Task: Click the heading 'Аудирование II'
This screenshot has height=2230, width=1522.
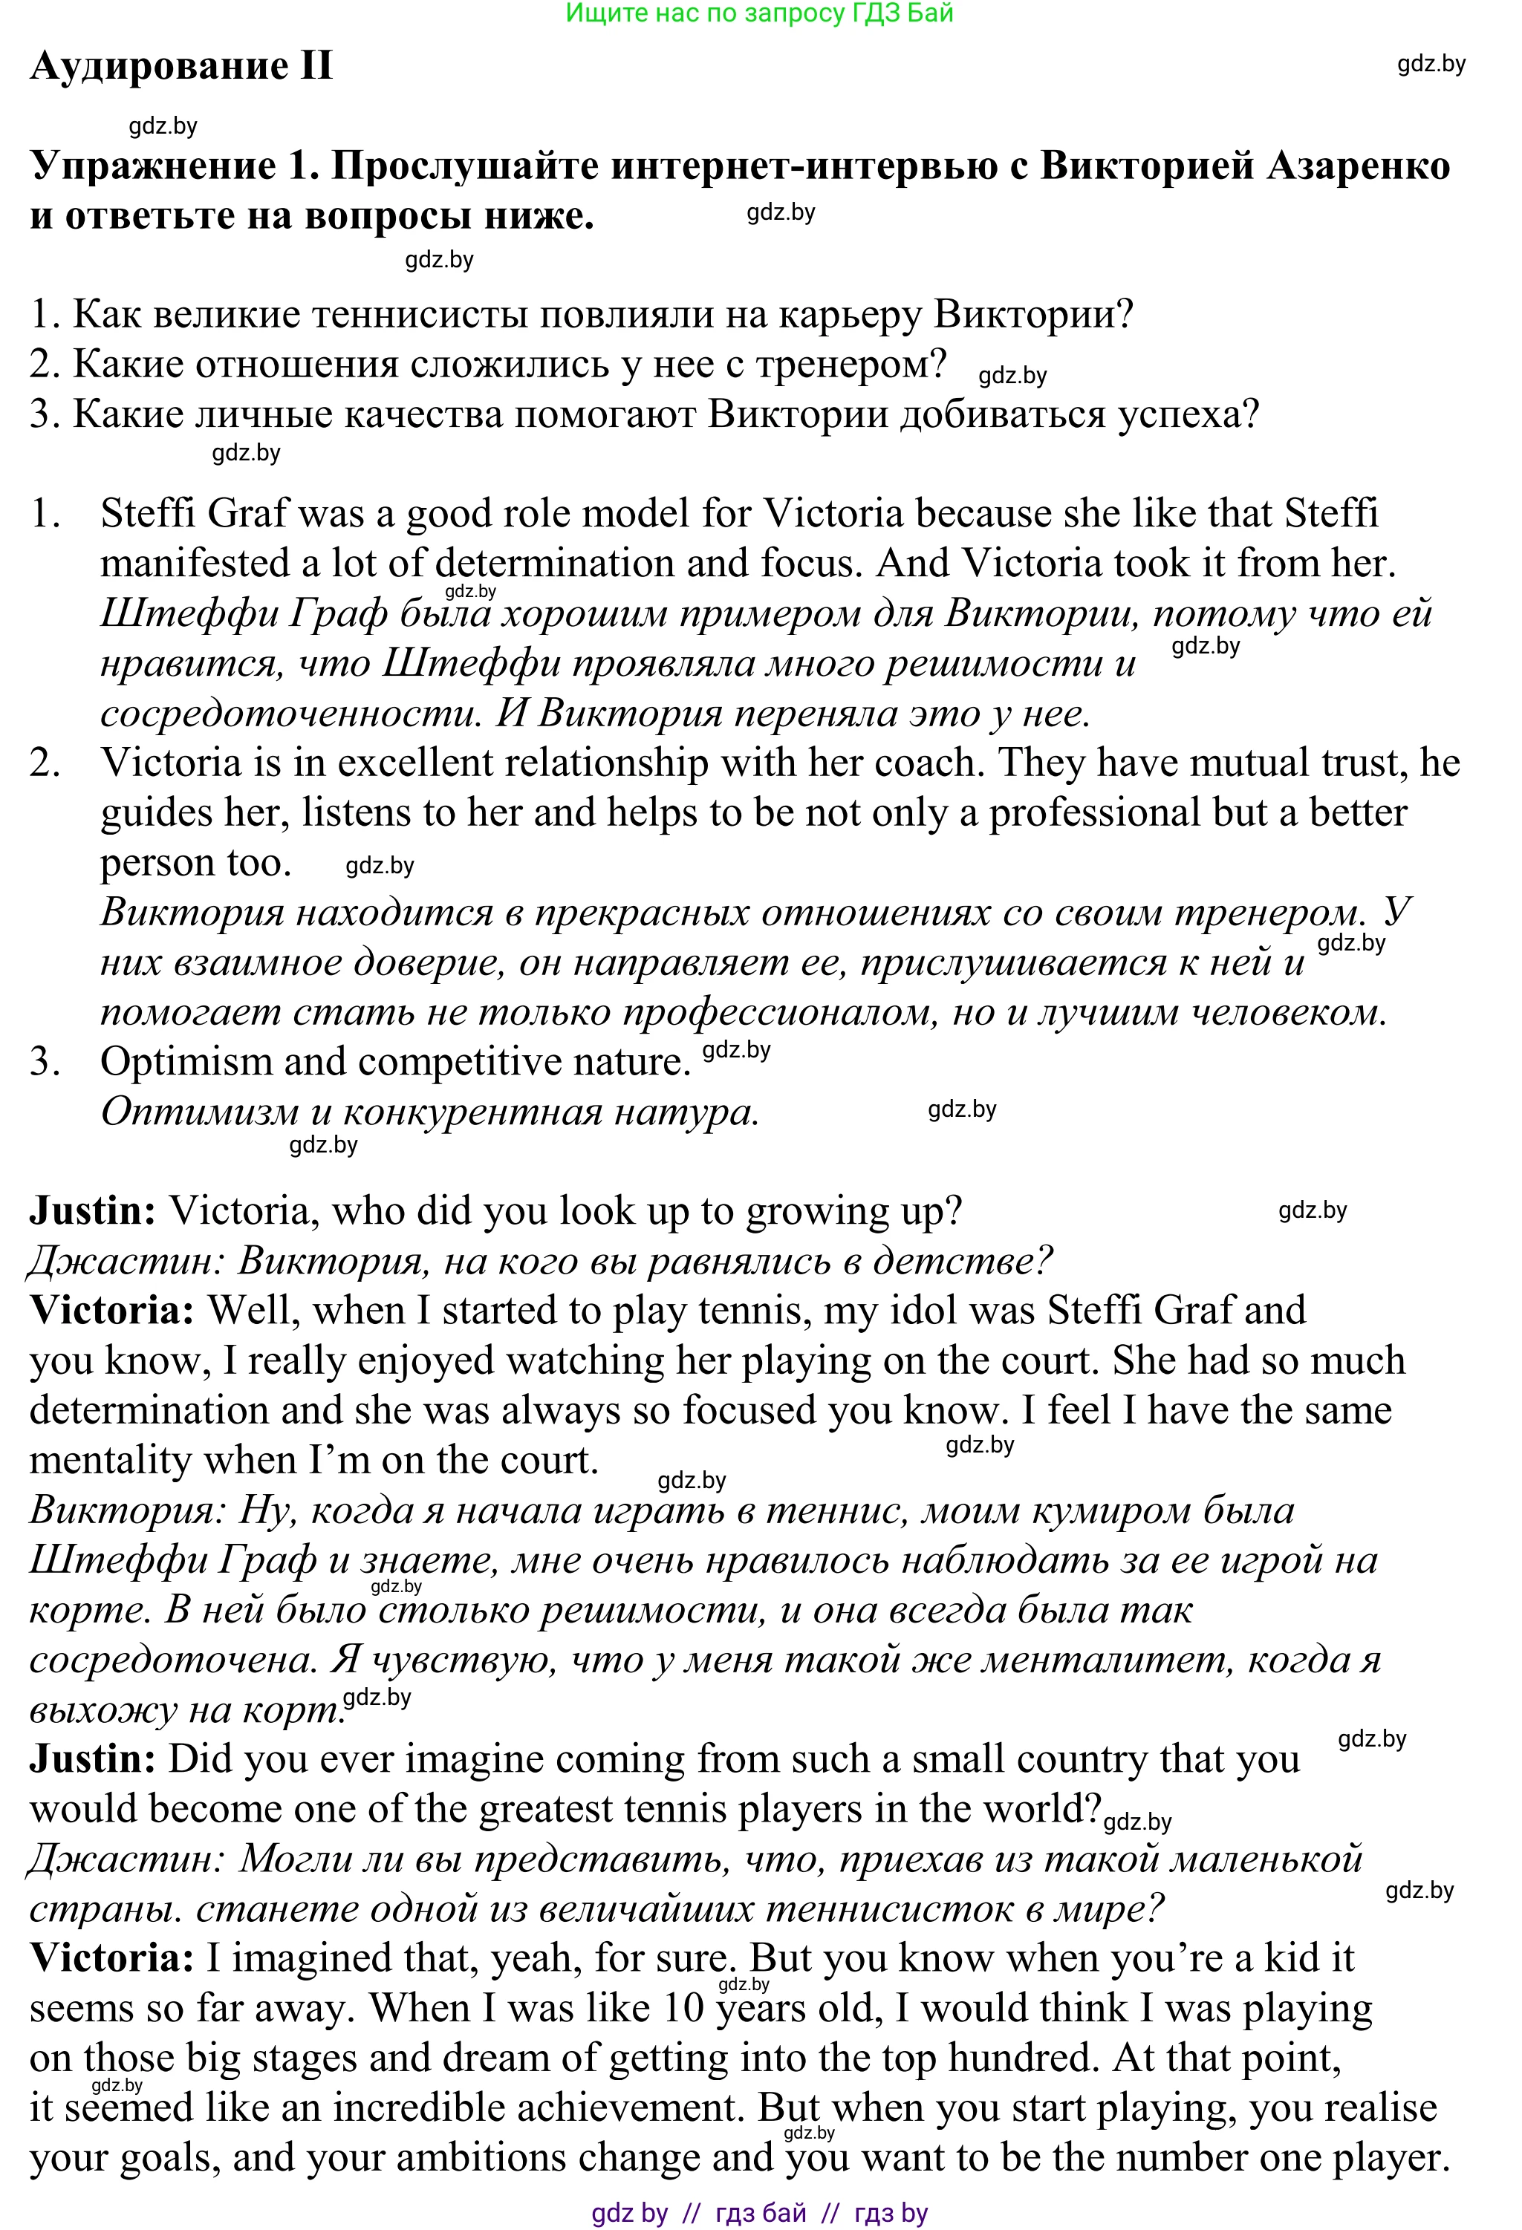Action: [x=181, y=66]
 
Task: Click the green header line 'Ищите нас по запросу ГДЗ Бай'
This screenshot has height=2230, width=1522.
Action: [x=759, y=13]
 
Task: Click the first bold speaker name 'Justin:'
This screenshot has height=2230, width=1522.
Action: [x=92, y=1211]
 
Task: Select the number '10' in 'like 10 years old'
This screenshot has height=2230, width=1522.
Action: [x=683, y=2009]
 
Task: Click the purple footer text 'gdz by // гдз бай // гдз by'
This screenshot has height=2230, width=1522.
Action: [x=759, y=2214]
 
